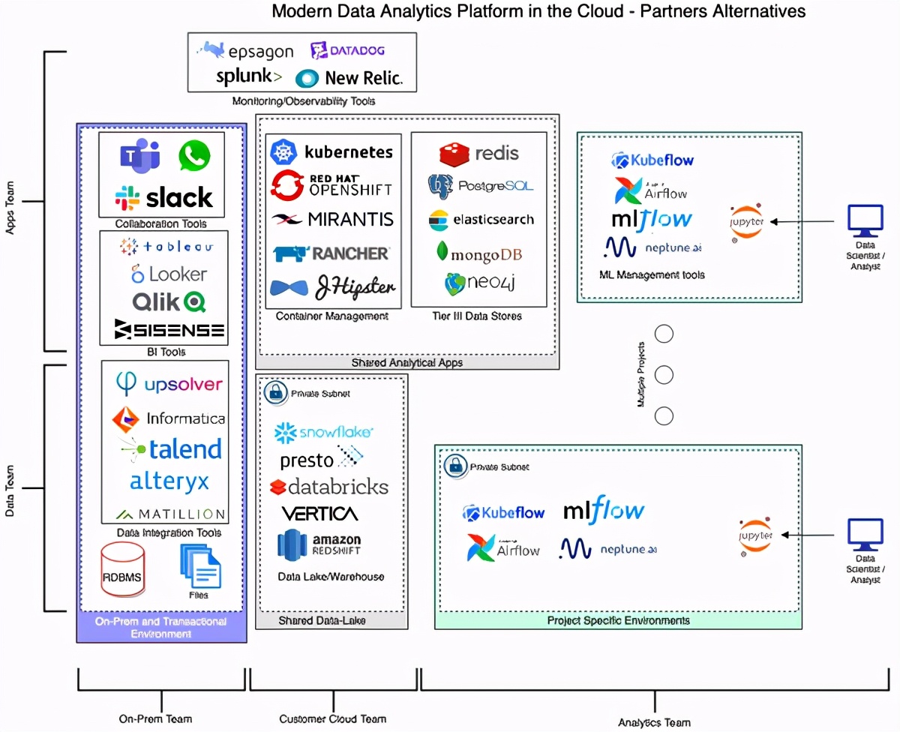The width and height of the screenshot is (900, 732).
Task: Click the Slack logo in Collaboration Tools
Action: click(163, 198)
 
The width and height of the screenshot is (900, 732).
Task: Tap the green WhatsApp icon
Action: click(194, 156)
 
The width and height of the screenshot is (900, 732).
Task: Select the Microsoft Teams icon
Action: click(139, 156)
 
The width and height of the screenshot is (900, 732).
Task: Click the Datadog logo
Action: click(347, 51)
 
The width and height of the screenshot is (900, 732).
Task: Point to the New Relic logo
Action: click(349, 78)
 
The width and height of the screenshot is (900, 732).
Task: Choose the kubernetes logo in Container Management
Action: click(331, 152)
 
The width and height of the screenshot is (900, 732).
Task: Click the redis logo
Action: click(479, 153)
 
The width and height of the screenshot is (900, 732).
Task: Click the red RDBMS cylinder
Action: click(122, 571)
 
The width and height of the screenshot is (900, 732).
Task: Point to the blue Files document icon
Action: click(200, 568)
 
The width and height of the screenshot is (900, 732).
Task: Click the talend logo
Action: click(171, 449)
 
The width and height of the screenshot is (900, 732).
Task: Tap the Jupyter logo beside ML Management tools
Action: click(746, 221)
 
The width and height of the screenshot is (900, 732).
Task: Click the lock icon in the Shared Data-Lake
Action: click(275, 392)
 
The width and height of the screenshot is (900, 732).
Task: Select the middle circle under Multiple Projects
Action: click(664, 374)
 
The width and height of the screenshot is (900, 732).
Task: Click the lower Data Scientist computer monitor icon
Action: click(865, 535)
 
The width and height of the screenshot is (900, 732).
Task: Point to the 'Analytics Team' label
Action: click(654, 722)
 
